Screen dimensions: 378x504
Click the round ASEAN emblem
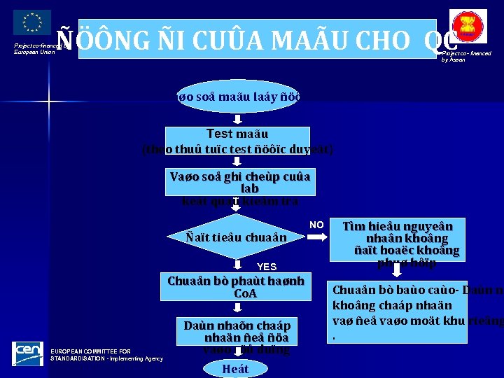[x=469, y=26]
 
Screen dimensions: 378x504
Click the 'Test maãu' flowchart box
[x=237, y=141]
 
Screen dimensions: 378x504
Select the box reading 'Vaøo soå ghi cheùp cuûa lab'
[x=240, y=182]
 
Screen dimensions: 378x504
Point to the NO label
[x=316, y=225]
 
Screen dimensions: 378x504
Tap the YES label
[x=267, y=267]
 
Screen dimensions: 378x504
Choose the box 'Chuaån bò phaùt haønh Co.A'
[x=236, y=287]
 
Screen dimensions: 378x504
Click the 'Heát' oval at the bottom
[x=235, y=368]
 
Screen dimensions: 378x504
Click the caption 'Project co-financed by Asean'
[x=466, y=56]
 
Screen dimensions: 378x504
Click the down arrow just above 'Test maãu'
[x=237, y=120]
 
